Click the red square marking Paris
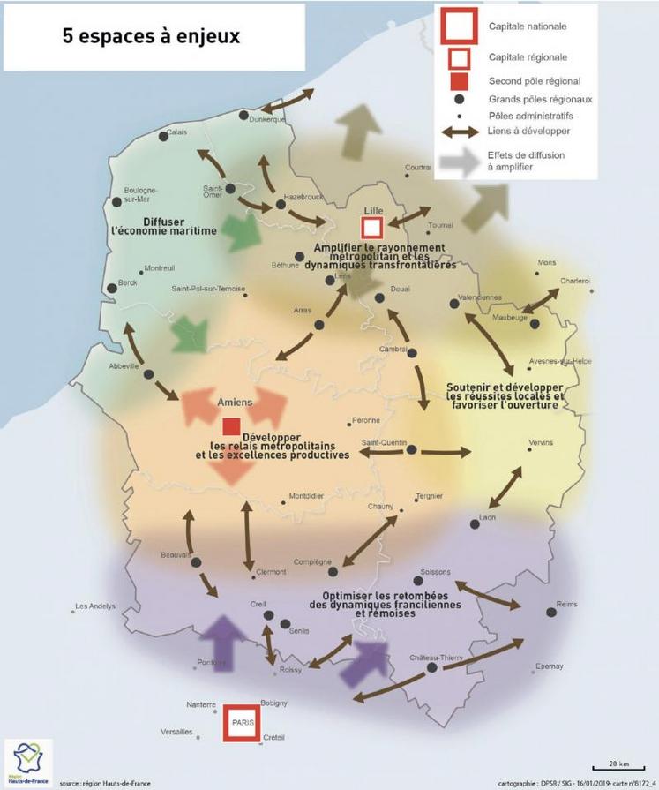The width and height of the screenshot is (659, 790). (241, 722)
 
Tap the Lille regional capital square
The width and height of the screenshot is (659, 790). (371, 228)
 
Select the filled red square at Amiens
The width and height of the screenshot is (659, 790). (231, 426)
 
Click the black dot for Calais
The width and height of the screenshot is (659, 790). (163, 135)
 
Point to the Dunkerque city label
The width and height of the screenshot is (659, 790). (267, 119)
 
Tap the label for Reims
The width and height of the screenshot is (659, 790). (567, 604)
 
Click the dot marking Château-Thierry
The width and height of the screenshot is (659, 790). (432, 668)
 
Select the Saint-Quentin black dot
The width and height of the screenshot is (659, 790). (411, 449)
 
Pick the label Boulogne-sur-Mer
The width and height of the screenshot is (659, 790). (140, 195)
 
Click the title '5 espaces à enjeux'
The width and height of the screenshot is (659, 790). (151, 37)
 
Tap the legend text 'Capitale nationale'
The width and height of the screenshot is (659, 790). (528, 26)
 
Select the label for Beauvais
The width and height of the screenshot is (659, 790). (176, 554)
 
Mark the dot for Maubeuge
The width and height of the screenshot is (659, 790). (535, 324)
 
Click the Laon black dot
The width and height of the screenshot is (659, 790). (475, 524)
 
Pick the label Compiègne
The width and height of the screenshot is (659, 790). (313, 561)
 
